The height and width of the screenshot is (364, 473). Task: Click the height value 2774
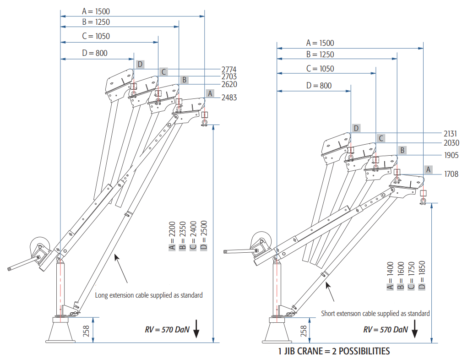[x=229, y=69]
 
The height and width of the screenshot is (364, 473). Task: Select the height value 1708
[x=451, y=174]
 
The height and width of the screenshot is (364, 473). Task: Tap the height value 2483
[x=229, y=98]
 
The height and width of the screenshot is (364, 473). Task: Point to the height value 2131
[x=451, y=134]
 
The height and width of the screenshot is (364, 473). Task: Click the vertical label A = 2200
[x=172, y=236]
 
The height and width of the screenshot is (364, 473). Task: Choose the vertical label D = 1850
[x=422, y=275]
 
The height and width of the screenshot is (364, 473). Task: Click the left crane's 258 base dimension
[x=86, y=331]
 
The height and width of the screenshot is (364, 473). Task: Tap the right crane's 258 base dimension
[x=304, y=331]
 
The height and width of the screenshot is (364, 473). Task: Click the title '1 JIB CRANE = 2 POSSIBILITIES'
[x=334, y=351]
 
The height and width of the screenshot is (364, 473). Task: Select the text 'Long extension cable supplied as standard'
[x=149, y=295]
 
